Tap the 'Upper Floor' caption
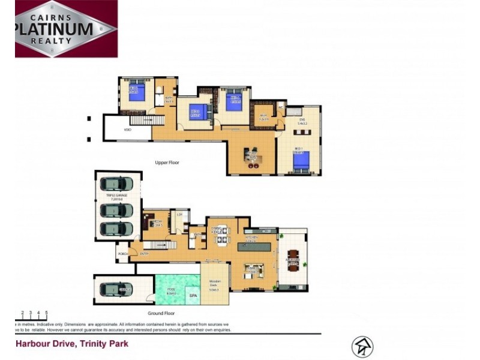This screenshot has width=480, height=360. [x=167, y=163]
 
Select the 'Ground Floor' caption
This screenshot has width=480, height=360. [x=160, y=313]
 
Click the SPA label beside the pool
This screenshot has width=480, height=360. [x=193, y=296]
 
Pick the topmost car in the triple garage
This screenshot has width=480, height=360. [x=116, y=184]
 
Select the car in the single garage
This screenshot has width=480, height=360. [x=116, y=289]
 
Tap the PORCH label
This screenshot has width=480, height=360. [x=122, y=254]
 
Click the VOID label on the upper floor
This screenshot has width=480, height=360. [x=128, y=130]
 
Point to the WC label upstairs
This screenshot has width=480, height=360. [x=280, y=108]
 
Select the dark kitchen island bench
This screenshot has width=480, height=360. [x=259, y=245]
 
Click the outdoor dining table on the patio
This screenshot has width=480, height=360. [x=292, y=259]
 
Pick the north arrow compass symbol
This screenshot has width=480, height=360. [x=362, y=347]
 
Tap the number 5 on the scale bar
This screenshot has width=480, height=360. [x=46, y=313]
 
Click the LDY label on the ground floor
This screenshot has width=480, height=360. [x=179, y=214]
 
